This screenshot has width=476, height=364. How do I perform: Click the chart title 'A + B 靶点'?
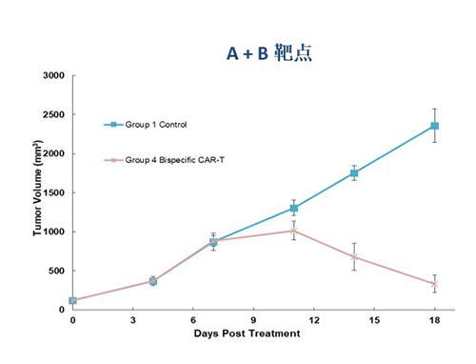coord(268,54)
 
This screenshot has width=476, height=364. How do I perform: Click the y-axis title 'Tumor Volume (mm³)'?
coord(38,193)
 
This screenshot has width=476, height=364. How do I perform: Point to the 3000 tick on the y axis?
coord(51,75)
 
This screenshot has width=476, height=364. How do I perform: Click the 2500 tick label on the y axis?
coord(51,114)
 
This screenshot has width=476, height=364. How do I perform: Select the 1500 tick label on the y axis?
coord(51,192)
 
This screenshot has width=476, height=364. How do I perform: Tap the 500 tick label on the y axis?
coord(54,271)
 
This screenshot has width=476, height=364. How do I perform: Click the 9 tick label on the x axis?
coord(253,320)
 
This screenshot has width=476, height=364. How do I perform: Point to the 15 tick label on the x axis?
coord(373,320)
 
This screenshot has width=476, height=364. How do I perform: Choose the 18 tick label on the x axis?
coord(434,320)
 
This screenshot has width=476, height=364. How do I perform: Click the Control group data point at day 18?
coord(434,126)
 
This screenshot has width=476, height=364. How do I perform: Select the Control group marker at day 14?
coord(354,172)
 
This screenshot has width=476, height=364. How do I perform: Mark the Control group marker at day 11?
coord(293,208)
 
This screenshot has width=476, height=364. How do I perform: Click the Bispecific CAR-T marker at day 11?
coord(293,231)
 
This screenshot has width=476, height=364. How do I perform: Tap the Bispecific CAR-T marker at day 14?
coord(354,256)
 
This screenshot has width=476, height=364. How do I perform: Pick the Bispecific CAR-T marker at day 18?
coord(434,284)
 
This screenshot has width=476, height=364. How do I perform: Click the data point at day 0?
coord(72,301)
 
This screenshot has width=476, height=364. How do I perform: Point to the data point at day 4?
coord(152,281)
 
